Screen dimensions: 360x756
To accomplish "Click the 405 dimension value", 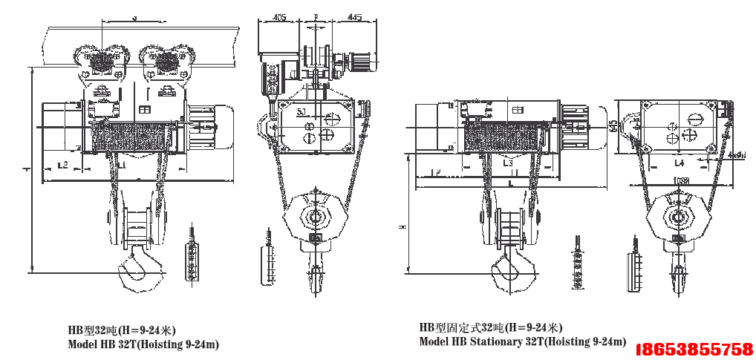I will point(280,16).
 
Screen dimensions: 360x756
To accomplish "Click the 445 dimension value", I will point(354,16).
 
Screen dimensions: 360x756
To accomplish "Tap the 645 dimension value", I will point(613,127).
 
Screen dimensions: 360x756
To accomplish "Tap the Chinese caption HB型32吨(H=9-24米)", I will point(122,329).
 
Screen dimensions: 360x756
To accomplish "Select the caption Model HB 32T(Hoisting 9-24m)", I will point(143,344).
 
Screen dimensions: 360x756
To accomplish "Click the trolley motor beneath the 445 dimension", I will point(362,62).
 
